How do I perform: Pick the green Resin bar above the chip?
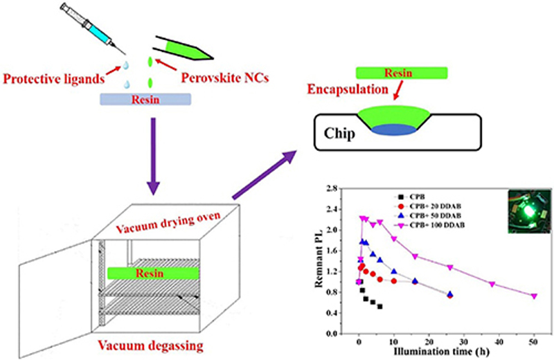point(401,73)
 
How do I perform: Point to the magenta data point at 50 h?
point(534,296)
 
